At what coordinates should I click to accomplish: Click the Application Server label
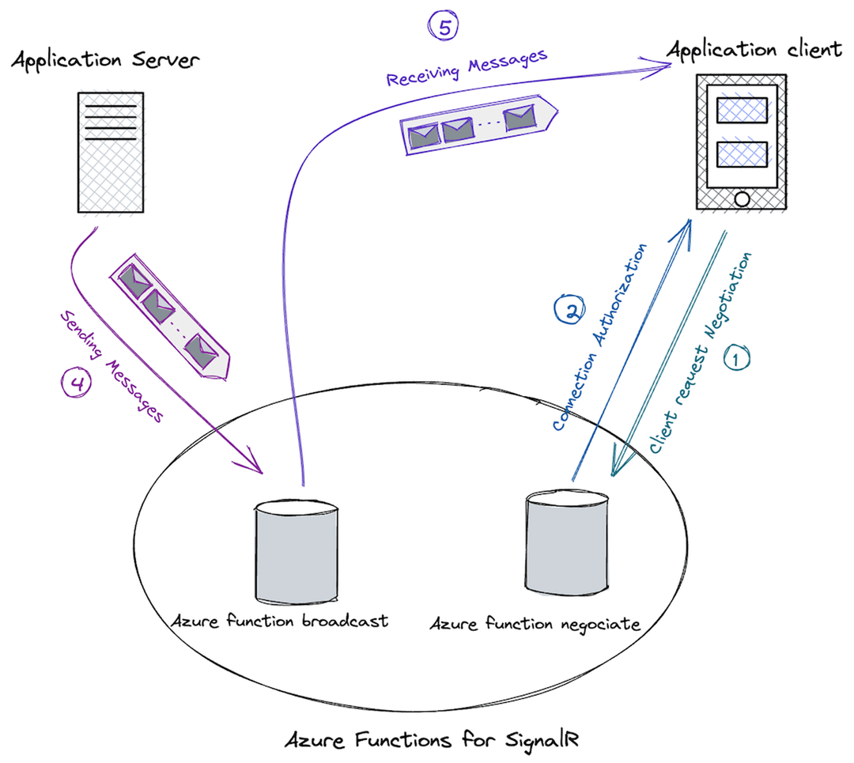point(105,60)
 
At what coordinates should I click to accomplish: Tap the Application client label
point(754,49)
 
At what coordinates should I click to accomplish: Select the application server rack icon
point(110,152)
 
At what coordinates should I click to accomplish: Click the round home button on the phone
point(741,198)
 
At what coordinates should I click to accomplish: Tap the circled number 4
point(77,383)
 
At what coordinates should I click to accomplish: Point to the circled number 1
point(735,358)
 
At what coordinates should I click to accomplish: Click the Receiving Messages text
point(467,68)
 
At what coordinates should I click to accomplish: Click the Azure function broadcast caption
point(280,621)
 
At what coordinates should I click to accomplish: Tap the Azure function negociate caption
point(535,624)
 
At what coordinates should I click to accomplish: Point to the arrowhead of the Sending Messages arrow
point(257,468)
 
